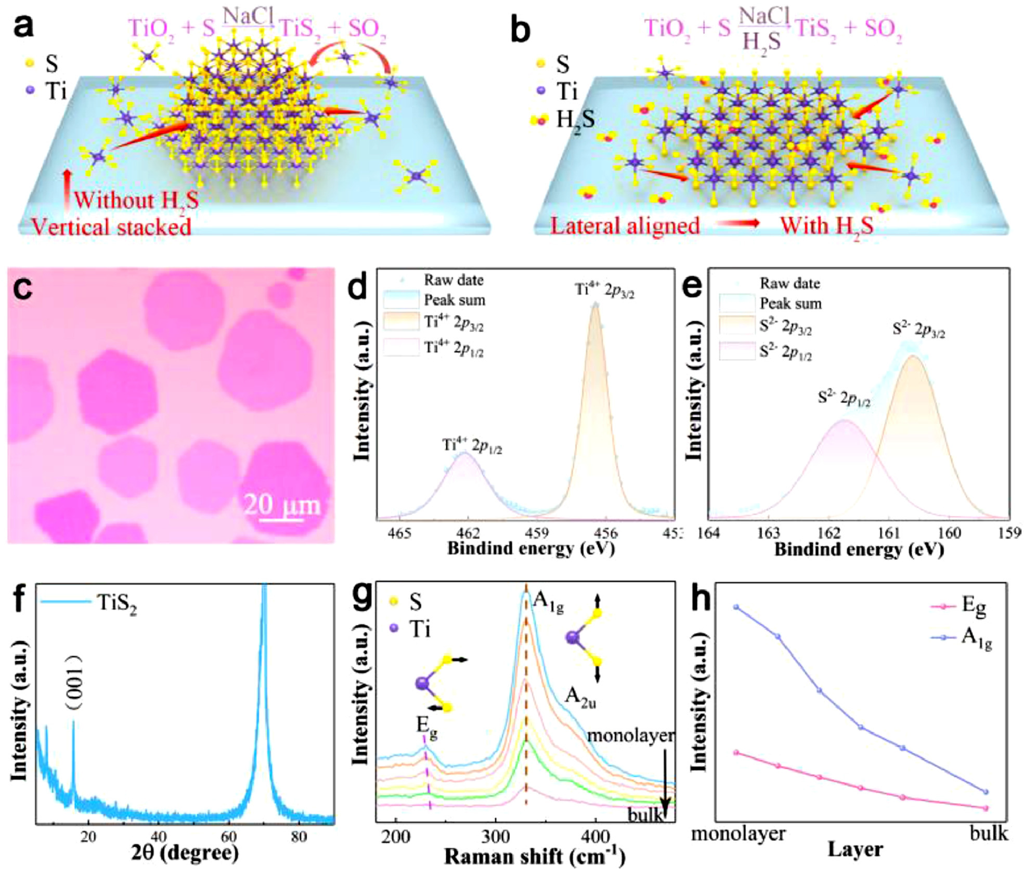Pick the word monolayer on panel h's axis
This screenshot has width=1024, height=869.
point(738,834)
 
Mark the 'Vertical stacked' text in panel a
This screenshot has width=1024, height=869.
point(111,227)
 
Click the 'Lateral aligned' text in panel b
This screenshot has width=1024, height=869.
point(625,226)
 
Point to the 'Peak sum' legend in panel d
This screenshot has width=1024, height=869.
point(454,300)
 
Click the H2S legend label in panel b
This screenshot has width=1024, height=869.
point(575,120)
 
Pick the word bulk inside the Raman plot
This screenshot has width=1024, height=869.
point(645,814)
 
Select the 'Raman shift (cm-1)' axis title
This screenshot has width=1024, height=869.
point(534,855)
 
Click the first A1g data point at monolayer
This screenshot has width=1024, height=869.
point(736,607)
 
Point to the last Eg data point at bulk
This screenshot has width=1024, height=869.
point(986,808)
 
